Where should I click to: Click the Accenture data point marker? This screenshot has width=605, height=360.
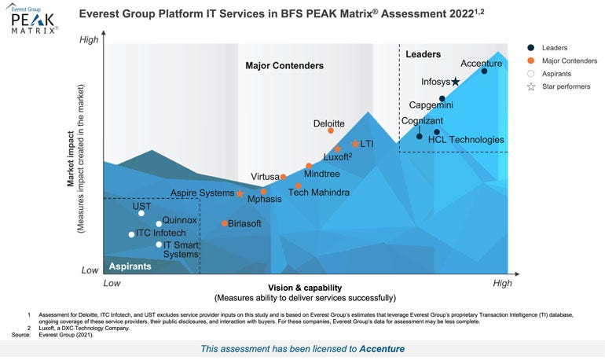click(484, 72)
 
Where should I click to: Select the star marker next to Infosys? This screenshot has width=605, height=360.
click(456, 82)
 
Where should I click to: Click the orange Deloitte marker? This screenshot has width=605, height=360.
click(331, 131)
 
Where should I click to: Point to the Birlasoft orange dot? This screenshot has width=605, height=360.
click(225, 223)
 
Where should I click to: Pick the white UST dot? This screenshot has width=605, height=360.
click(141, 213)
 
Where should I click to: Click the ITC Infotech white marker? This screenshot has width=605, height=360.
click(131, 234)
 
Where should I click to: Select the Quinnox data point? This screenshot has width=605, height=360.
click(158, 223)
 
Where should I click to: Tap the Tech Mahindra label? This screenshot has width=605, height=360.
click(319, 192)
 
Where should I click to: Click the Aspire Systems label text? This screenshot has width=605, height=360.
click(202, 193)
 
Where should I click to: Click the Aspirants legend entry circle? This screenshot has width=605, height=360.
click(531, 73)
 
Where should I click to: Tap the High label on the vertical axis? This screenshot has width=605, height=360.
click(91, 39)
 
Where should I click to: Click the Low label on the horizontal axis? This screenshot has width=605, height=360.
click(112, 282)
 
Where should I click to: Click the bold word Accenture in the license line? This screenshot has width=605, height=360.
click(382, 348)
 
